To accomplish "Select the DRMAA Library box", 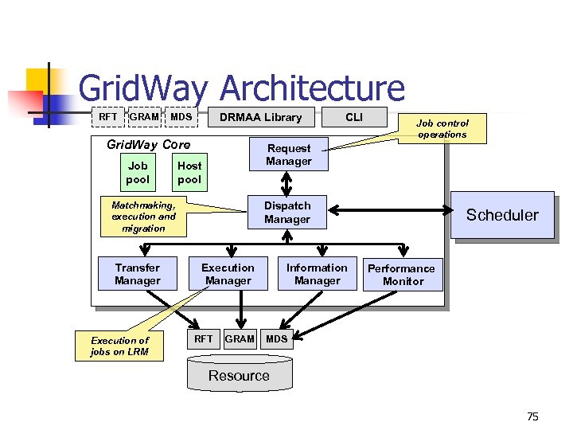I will (261, 117).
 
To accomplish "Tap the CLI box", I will (354, 117).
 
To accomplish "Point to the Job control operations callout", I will (442, 129).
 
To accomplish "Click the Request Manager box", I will (289, 154).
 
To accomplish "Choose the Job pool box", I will (138, 173).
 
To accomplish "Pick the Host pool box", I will (189, 173).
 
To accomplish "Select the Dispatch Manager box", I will (287, 213).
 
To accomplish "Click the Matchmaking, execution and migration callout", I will (143, 217).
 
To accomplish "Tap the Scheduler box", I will (502, 215).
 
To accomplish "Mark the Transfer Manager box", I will (137, 274).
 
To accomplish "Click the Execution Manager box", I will (228, 274).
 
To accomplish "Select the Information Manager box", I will (317, 274).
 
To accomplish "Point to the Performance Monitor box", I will (401, 275).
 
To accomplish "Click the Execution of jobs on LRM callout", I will (119, 346).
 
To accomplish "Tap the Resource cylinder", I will (239, 375).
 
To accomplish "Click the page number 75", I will (532, 416).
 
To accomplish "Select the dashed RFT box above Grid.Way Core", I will (107, 117).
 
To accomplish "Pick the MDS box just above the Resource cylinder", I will (277, 338).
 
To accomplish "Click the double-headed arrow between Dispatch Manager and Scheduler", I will (390, 211).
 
